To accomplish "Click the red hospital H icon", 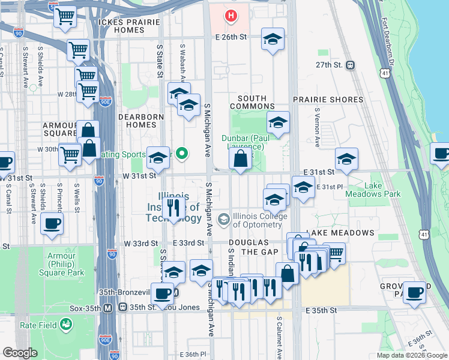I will coord(231,15).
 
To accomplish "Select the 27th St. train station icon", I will coord(350,65).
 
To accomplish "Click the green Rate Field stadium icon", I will coord(65,325).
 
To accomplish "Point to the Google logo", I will coord(20,353).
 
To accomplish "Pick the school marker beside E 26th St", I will coord(273,40).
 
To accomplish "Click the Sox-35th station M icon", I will coord(108,308).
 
